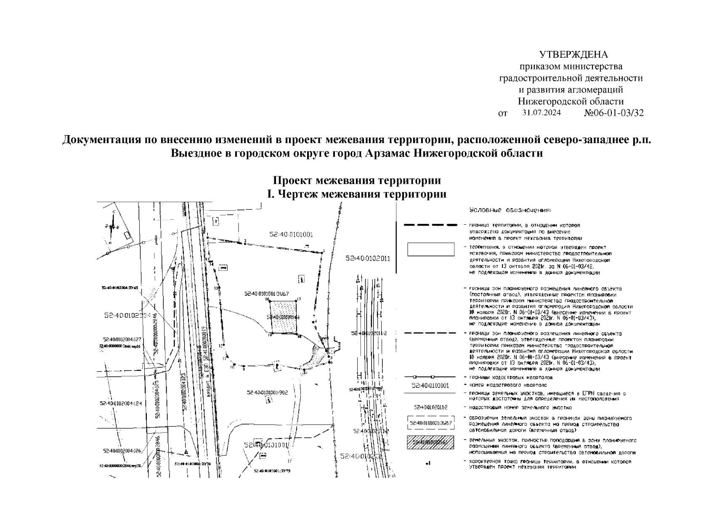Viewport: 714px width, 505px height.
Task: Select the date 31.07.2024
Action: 541,113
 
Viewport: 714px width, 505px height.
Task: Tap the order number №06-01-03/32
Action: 614,113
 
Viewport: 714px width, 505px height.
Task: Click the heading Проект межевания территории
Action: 357,181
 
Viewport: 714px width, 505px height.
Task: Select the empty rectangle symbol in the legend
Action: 430,249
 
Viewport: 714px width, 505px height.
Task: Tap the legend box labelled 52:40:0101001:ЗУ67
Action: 430,423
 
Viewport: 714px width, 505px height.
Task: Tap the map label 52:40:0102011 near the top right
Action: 368,259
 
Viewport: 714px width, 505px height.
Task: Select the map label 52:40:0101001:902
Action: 267,392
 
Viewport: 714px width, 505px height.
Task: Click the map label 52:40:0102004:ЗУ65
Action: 117,288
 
